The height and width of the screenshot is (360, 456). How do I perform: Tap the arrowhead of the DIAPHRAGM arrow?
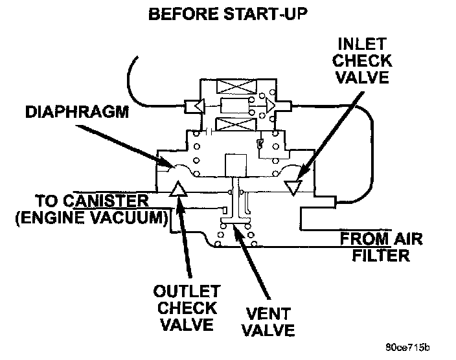[170, 165]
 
